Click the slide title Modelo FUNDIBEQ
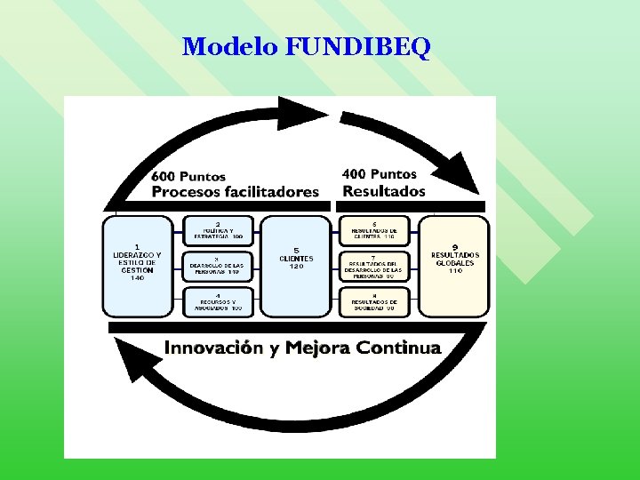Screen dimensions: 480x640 [306, 46]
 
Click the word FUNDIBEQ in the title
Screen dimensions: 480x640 [358, 46]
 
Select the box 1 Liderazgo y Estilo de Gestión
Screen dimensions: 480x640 [137, 266]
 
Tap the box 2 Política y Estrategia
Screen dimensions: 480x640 [217, 230]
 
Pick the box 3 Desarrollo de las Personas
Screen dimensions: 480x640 [217, 266]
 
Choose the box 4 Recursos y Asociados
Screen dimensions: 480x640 [217, 301]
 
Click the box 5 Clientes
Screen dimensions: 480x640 [296, 266]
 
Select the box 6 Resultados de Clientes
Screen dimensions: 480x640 [374, 230]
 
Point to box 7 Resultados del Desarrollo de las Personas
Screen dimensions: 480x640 [374, 266]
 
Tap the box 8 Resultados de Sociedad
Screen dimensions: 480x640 [374, 301]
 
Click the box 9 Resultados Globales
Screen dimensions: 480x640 [454, 266]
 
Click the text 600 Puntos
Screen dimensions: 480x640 [188, 176]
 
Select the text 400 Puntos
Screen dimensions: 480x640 [380, 174]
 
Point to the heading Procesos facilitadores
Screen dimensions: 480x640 [235, 192]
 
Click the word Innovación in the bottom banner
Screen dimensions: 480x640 [213, 348]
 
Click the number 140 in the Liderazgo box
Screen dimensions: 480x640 [137, 278]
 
